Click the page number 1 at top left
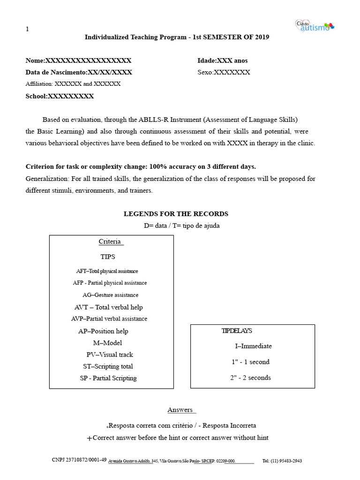[27, 29]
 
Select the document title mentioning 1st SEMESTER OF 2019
[177, 37]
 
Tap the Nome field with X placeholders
[78, 60]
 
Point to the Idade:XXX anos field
[223, 60]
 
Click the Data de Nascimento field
[79, 72]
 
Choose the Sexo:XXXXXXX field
[224, 72]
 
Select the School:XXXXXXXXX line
[60, 96]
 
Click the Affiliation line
[73, 84]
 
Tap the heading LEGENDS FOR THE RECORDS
[176, 214]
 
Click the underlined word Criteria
[110, 241]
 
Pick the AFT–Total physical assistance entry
[107, 271]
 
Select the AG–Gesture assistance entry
[111, 295]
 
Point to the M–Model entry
[107, 343]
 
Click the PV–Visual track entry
[110, 354]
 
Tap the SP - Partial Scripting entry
[108, 378]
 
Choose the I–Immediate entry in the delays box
[253, 346]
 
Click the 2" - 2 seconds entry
[251, 378]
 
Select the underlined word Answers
[180, 410]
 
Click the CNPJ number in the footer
[79, 460]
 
